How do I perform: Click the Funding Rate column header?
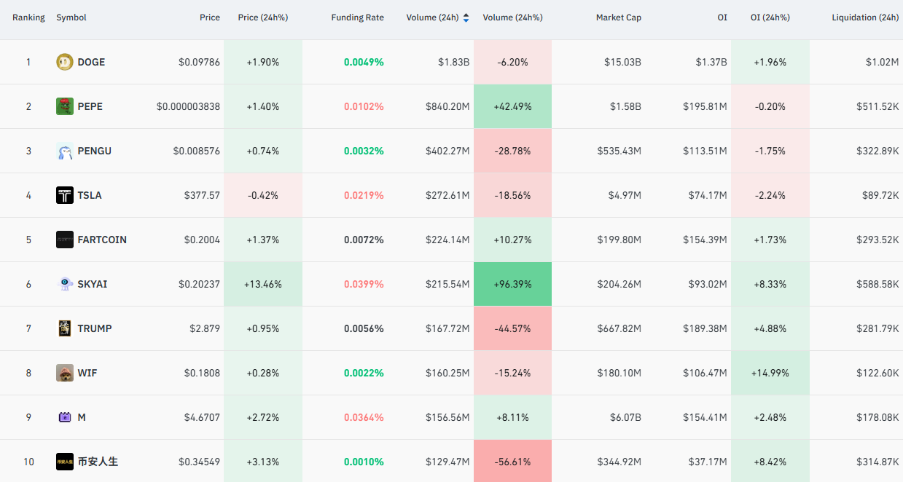click(357, 17)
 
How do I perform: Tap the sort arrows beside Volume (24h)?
click(466, 17)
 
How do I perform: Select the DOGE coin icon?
click(64, 62)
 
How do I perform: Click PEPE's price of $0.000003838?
click(188, 106)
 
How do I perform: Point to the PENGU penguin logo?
click(64, 151)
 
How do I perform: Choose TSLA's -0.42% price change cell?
click(263, 195)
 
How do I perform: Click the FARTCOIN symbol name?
click(102, 240)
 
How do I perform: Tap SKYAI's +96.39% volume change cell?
click(512, 284)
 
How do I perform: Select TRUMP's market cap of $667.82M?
click(619, 328)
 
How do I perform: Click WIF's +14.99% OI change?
click(770, 373)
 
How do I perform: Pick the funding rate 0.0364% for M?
click(364, 417)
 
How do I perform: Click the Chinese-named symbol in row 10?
click(98, 462)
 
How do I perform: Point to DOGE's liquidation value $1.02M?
click(882, 62)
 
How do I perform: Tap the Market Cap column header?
click(618, 17)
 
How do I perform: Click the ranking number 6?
click(28, 284)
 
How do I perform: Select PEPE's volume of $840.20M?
click(447, 106)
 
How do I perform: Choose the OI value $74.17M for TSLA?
click(708, 195)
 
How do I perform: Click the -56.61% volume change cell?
click(512, 461)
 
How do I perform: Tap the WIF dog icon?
click(64, 373)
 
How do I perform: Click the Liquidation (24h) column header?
click(865, 17)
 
